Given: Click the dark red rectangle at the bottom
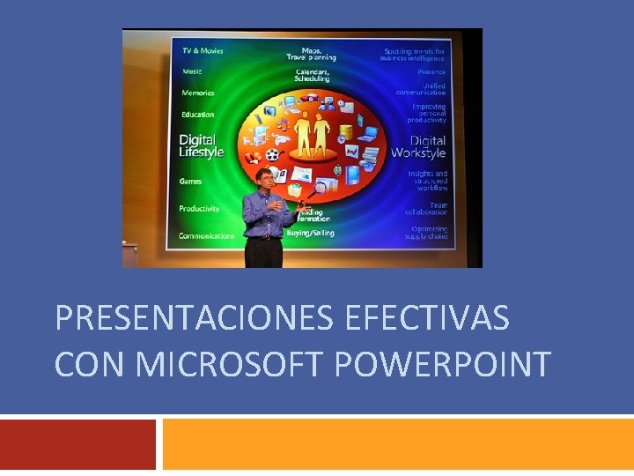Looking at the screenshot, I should (x=77, y=444).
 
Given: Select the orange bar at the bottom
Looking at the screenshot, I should (x=398, y=444).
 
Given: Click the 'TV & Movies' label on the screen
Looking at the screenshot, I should (x=203, y=51).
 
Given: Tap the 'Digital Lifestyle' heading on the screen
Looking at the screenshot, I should (x=202, y=146).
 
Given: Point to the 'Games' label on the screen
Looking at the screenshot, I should (x=191, y=182).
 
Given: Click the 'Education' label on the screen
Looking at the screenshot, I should (x=197, y=115).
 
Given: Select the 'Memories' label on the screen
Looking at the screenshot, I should (x=197, y=93).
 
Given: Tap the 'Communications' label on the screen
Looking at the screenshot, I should (x=207, y=236).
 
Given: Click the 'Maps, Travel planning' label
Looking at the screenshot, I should (x=311, y=53).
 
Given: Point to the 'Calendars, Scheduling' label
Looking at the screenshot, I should (x=313, y=75).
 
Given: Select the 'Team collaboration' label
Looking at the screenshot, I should (x=426, y=209).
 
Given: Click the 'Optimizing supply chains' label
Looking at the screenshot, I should (x=426, y=233).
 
